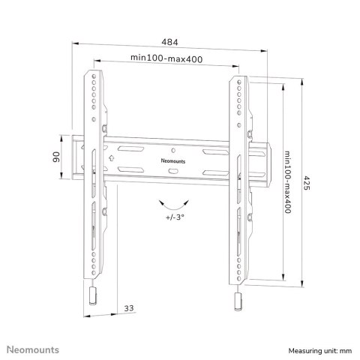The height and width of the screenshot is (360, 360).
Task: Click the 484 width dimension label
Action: (169, 42)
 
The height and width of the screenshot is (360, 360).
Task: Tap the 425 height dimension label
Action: (307, 183)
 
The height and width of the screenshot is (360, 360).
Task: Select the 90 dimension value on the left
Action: (56, 157)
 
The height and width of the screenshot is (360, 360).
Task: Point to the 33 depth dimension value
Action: (129, 308)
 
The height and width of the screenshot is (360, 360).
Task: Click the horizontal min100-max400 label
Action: (166, 58)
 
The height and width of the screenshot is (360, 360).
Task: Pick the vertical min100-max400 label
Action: (288, 182)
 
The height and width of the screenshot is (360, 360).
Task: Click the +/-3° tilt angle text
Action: (175, 217)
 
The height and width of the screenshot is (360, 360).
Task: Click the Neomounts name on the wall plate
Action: (173, 161)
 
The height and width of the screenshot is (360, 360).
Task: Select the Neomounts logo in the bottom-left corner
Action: (33, 349)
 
